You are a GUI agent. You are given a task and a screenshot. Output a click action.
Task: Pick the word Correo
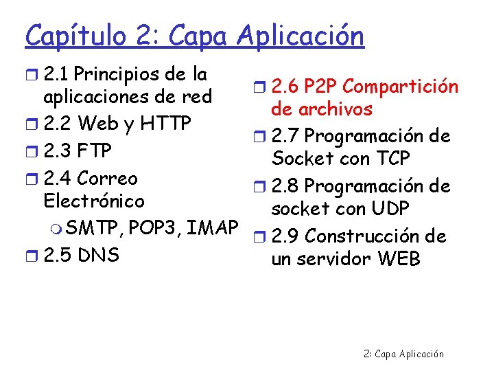(107, 178)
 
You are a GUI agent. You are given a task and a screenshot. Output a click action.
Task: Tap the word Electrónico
(93, 201)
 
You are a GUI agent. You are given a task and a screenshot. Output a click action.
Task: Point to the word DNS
(98, 255)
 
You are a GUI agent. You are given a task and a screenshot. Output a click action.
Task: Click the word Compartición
(401, 87)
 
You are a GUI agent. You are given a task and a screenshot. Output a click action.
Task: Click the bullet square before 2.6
(261, 87)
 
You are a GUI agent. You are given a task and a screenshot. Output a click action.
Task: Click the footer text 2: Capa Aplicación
(403, 354)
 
